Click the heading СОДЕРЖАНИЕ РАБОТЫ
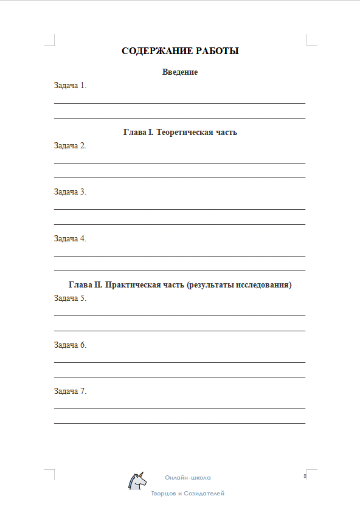pos(180,51)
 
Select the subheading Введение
pos(180,72)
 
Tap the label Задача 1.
pos(71,86)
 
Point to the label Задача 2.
pos(71,145)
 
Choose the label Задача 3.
pos(71,192)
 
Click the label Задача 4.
pos(71,239)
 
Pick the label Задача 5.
pos(71,298)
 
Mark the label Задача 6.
pos(71,345)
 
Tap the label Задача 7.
pos(71,391)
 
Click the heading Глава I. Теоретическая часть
pos(180,132)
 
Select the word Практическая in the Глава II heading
pos(131,284)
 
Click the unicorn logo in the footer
pos(137,481)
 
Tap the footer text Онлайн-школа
pos(188,478)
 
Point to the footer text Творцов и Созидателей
pos(188,494)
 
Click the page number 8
pos(303,476)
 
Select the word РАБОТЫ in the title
pos(216,51)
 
